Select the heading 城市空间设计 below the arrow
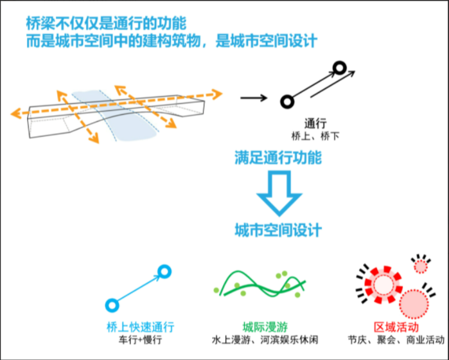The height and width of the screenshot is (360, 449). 277,230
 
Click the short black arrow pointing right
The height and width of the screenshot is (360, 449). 253,98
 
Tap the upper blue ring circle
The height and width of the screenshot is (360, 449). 164,272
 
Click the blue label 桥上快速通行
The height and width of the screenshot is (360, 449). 141,326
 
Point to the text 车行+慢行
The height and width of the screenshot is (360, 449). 141,339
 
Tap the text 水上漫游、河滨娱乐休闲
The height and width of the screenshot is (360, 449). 264,339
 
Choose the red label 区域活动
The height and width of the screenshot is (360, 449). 394,326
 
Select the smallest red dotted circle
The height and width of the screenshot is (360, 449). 421,265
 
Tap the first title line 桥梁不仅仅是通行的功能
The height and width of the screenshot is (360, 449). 106,24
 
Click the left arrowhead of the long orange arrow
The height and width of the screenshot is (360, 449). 15,114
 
